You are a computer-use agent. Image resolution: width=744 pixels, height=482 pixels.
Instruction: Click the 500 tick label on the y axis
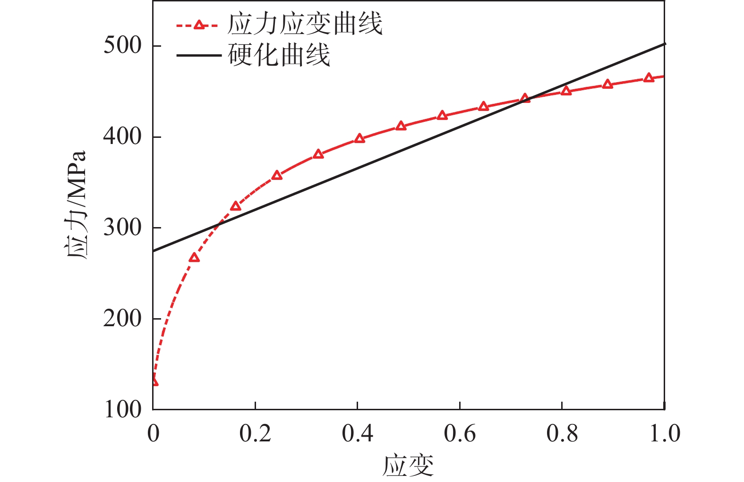coord(122,46)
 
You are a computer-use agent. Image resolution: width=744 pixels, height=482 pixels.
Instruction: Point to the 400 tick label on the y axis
coord(122,137)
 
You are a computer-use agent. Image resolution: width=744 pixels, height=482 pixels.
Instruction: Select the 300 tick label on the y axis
coord(122,228)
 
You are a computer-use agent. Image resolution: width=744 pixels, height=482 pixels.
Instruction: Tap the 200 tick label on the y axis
coord(122,319)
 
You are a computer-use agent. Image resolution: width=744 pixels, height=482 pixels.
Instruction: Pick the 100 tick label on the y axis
coord(122,409)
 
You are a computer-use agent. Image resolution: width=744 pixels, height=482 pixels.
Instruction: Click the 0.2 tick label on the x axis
coord(255,433)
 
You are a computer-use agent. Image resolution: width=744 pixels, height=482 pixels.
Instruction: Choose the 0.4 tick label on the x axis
coord(358,433)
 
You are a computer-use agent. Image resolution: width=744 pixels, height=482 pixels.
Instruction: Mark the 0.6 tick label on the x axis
coord(460,433)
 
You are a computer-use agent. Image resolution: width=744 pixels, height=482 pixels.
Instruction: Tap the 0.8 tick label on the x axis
coord(562,433)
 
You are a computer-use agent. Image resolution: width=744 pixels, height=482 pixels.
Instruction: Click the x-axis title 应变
coord(408,465)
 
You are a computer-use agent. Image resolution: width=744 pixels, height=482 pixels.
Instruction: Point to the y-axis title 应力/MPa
coord(76,205)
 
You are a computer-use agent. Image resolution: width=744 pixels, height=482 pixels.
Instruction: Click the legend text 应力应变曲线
coord(305,24)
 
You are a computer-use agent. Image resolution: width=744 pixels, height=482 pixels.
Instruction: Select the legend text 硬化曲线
coord(279,55)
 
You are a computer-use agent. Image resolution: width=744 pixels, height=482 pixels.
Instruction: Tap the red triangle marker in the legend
coord(199,24)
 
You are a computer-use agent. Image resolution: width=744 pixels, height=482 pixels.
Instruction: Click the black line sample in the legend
coord(199,56)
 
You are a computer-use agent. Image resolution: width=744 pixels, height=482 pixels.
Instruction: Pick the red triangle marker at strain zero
coord(154,381)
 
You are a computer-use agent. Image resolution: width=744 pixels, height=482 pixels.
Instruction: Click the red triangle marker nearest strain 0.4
coord(359,138)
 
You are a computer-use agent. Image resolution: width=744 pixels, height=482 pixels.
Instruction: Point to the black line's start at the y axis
coord(154,251)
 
